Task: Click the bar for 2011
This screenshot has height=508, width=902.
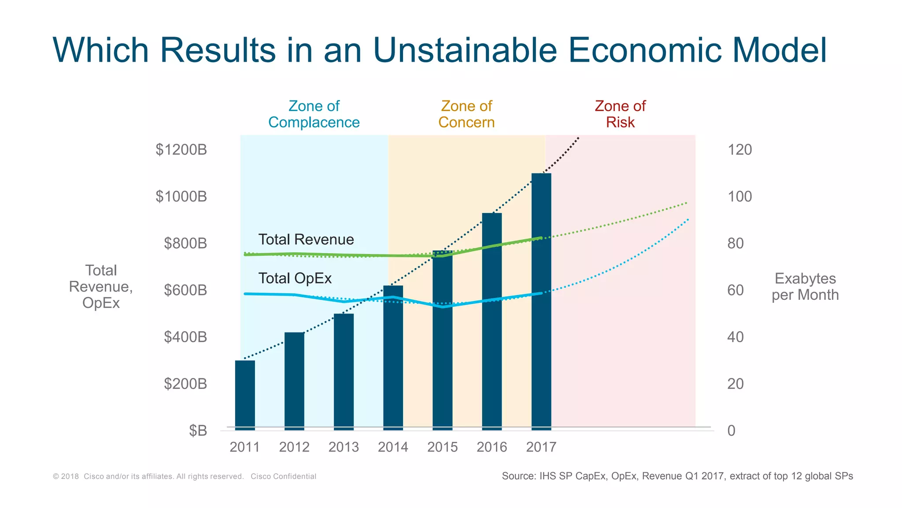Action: point(245,395)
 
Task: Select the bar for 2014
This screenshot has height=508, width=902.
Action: point(393,357)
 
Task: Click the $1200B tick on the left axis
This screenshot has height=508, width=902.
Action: point(181,150)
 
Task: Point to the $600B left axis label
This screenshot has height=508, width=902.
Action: point(185,290)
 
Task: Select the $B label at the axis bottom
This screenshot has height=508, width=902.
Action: point(198,430)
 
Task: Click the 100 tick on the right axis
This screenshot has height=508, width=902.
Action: point(739,197)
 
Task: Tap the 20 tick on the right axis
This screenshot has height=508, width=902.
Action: point(735,384)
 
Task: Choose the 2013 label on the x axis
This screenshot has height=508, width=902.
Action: point(344,447)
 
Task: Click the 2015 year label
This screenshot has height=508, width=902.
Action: point(442,447)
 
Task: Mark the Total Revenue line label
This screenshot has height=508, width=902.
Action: point(306,239)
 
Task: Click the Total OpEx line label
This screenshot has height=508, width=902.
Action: point(295,278)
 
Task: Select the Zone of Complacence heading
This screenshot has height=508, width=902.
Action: point(314,114)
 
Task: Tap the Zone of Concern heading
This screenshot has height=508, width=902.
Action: point(466,114)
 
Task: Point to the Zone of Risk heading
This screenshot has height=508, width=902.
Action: point(620,114)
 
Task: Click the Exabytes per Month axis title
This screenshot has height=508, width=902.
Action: point(805,287)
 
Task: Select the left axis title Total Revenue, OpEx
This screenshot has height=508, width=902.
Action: point(101,287)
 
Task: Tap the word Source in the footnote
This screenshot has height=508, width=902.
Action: point(518,476)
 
